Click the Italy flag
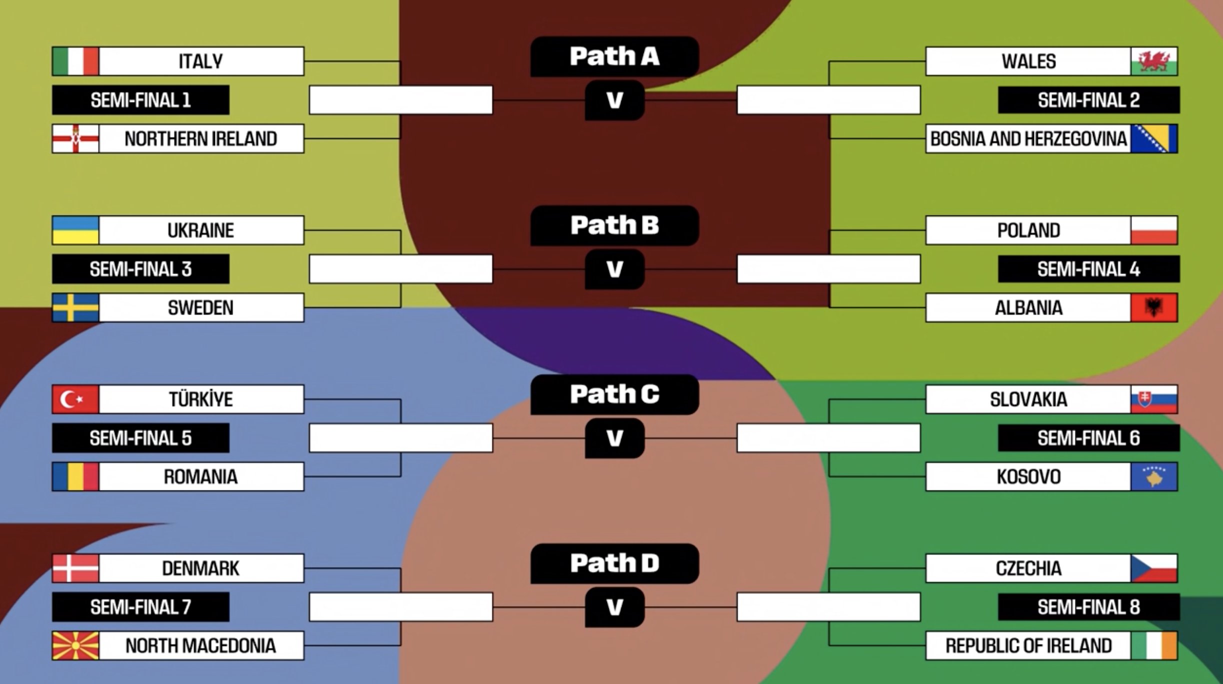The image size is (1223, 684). pos(75,61)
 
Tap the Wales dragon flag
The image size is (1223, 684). pos(1154,61)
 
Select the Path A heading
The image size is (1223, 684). pos(614,56)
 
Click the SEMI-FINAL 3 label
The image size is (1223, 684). pos(140,269)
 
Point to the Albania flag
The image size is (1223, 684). pos(1154,307)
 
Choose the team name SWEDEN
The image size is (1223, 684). pos(200,307)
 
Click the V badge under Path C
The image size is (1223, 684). pos(614,438)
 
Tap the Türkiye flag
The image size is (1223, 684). pos(75,399)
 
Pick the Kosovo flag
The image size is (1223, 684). pos(1154,476)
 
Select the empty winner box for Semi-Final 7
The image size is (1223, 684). pos(400,606)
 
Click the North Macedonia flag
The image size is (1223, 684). pos(75,645)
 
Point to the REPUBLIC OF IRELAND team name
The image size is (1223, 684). pos(1028,645)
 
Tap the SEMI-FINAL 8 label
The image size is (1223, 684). pos(1088,607)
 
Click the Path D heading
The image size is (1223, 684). pos(614,563)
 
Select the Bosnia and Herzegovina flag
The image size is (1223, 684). pos(1154,138)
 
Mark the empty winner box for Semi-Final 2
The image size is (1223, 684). pos(828,100)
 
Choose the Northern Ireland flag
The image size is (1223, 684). pos(75,138)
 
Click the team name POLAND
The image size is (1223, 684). pos(1028,230)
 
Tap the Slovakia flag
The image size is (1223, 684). pos(1154,399)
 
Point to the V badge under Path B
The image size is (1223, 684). pos(614,269)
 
